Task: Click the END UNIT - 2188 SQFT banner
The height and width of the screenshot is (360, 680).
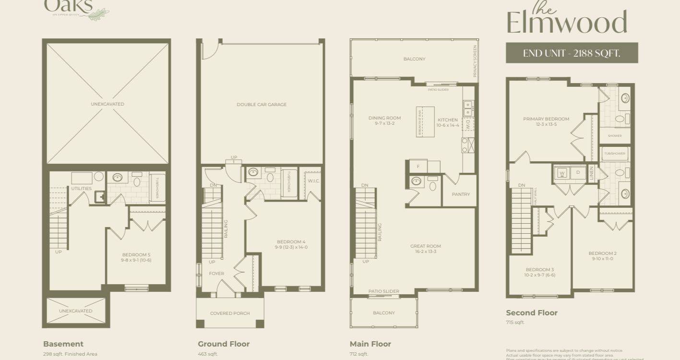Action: coord(572,53)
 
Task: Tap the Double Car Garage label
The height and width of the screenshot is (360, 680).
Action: coord(262,104)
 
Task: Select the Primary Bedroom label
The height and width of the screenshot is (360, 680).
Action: coord(546,119)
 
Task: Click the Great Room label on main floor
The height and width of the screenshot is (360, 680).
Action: coord(425,246)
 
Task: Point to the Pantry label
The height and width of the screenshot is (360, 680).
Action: coord(461,194)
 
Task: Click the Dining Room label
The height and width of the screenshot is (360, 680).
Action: coord(384,118)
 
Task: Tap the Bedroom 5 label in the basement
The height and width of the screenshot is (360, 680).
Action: coord(137,255)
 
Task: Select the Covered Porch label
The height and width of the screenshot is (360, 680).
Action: coord(230,313)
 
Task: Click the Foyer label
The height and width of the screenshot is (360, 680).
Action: coord(216,274)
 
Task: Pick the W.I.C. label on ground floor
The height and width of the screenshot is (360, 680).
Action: coord(313,181)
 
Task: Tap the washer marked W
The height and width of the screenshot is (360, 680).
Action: coord(561,172)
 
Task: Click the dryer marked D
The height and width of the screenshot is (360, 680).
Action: coord(578,172)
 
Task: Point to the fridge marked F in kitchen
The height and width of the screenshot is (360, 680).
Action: coord(418,166)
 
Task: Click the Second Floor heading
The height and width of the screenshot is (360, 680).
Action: coord(532,313)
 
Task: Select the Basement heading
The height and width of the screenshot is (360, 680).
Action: coord(63,344)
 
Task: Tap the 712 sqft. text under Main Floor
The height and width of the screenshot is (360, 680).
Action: coord(359,354)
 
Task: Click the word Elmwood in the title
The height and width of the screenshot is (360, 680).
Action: coord(567,23)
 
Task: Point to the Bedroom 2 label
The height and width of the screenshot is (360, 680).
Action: coord(603,253)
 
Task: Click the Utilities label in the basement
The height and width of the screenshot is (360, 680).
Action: coord(81,189)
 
